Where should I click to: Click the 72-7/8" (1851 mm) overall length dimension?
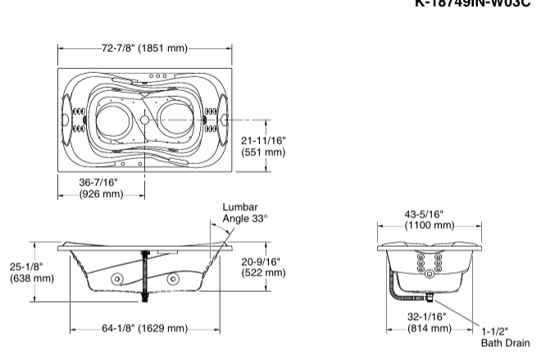(x=145, y=48)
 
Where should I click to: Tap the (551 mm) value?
(x=264, y=153)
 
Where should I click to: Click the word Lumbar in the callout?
(x=240, y=207)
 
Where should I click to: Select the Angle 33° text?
(x=245, y=219)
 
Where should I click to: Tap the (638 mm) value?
(x=32, y=279)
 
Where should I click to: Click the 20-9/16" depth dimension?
(x=263, y=262)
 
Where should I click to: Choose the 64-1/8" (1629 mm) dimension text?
(x=145, y=329)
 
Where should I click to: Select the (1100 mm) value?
(x=430, y=225)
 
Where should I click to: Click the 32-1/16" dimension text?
(x=430, y=316)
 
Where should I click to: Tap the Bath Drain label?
(x=505, y=343)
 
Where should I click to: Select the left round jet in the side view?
(x=116, y=280)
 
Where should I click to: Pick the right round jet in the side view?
(x=173, y=280)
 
